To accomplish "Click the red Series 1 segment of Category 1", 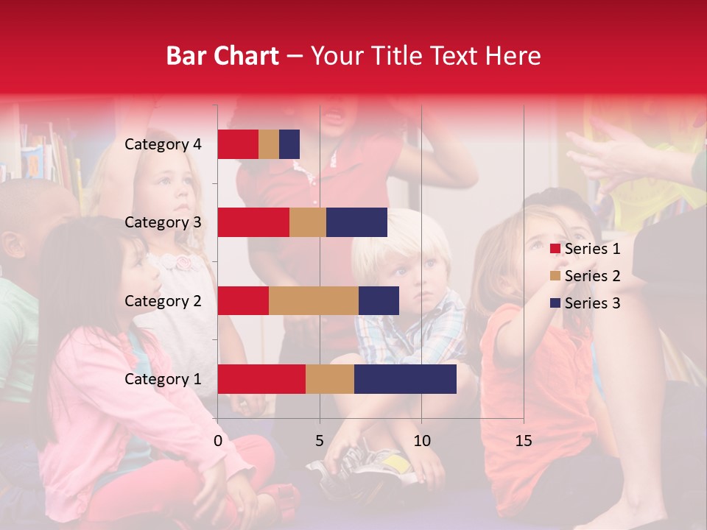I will click(x=261, y=379).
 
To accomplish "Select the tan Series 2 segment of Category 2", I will click(x=313, y=300).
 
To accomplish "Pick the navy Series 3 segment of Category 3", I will click(x=356, y=222).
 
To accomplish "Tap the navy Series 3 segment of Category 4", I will click(x=289, y=144).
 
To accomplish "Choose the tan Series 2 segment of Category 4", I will click(x=269, y=144).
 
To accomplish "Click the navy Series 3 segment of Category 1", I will click(x=405, y=379).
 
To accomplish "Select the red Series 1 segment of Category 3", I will click(x=253, y=222).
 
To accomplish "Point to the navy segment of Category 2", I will click(x=379, y=300).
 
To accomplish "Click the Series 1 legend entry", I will click(x=585, y=249).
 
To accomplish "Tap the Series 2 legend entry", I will click(x=585, y=276).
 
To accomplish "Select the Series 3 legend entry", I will click(x=585, y=303).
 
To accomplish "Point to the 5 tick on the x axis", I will click(x=320, y=441).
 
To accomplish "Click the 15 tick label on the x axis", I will click(x=524, y=441).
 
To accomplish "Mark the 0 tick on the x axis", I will click(x=218, y=441).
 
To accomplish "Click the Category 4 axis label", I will click(x=163, y=144).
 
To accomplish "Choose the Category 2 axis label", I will click(x=163, y=300).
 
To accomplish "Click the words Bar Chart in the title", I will click(x=222, y=56).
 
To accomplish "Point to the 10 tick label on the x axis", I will click(x=421, y=441).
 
